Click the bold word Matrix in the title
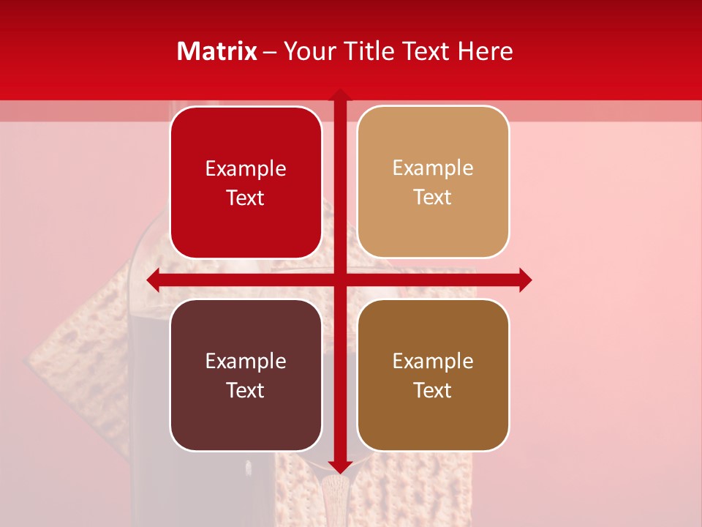pos(217,51)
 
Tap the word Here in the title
pos(485,51)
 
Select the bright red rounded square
pos(246,182)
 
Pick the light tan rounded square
pos(433,182)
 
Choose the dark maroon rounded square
pos(246,375)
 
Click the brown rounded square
pos(433,375)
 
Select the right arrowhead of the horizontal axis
pos(525,280)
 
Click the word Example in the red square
pos(246,169)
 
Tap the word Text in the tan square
pos(433,198)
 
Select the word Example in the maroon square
pos(246,361)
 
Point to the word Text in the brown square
pos(433,390)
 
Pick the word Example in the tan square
pos(433,168)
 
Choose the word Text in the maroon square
pos(246,390)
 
